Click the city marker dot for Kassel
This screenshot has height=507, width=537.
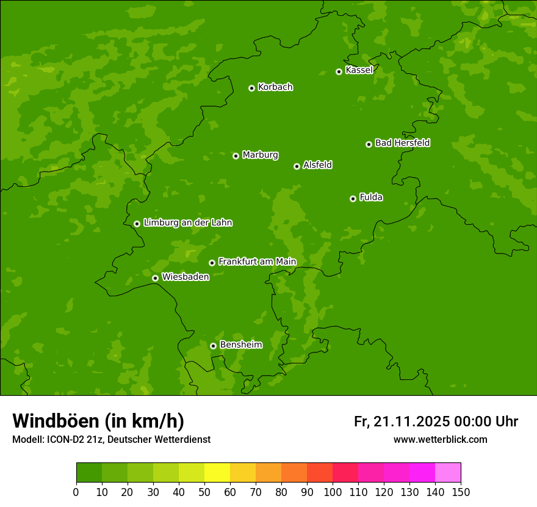339,71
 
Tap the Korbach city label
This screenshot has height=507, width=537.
275,87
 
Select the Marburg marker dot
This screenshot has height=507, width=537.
236,156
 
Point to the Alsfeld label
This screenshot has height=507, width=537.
317,165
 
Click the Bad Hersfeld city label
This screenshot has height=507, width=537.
402,143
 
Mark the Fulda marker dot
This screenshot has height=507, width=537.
353,199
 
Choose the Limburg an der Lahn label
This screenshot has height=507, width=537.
187,222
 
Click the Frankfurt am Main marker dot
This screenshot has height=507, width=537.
212,263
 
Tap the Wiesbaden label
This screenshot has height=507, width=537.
186,277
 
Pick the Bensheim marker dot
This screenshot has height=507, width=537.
213,346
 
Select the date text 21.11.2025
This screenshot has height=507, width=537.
411,421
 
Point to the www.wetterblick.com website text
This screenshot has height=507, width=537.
440,439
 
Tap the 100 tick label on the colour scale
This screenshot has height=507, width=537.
333,492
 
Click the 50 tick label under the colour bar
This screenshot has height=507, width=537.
204,492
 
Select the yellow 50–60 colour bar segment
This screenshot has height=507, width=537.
217,473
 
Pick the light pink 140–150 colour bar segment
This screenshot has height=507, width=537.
448,473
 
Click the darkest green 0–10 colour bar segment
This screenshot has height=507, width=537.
89,473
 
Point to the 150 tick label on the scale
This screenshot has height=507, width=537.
461,492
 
